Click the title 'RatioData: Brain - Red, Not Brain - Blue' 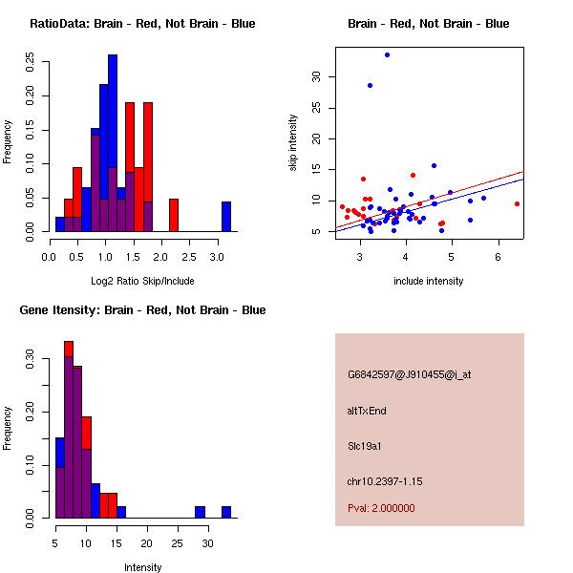coord(142,24)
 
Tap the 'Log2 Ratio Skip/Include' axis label coord(142,280)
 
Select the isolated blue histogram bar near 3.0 coord(226,217)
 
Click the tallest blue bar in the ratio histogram coord(113,143)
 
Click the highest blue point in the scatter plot coord(387,54)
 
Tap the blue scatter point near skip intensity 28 coord(370,85)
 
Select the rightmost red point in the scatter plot coord(517,203)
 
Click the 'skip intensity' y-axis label coord(293,142)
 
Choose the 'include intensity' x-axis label coord(428,281)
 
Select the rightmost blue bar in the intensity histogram coord(226,512)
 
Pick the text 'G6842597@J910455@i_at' coord(409,374)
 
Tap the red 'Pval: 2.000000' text coord(381,508)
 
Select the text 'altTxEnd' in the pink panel coord(367,411)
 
